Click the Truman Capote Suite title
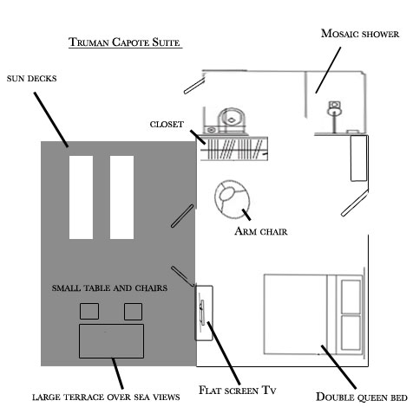(x=124, y=42)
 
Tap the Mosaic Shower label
(x=360, y=34)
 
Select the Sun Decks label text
(x=31, y=79)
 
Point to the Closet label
(x=167, y=125)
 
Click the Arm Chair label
(x=261, y=231)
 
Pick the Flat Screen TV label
(x=238, y=390)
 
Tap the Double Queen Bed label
(x=362, y=397)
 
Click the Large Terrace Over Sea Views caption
(x=106, y=397)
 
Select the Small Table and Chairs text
(x=109, y=287)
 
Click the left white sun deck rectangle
(x=81, y=197)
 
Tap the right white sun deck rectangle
(x=121, y=197)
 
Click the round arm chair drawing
(x=232, y=199)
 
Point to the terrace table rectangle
(x=111, y=341)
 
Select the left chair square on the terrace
(x=89, y=311)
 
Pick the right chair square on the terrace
(x=133, y=312)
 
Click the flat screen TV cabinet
(x=204, y=313)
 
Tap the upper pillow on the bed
(x=351, y=297)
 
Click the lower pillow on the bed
(x=351, y=333)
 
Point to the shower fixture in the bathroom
(x=334, y=115)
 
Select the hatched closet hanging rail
(x=234, y=149)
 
